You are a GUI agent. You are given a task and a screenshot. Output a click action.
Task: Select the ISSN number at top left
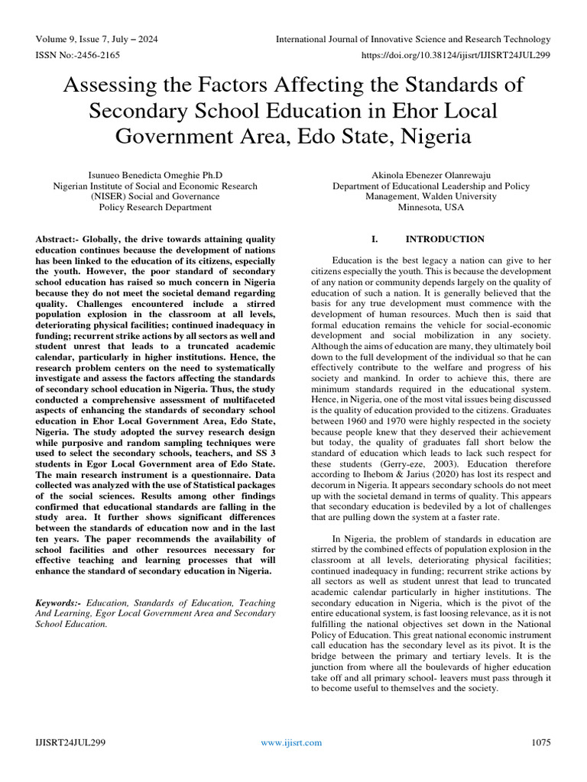click(x=77, y=55)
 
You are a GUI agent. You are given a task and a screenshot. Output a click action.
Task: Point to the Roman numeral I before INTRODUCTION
click(x=374, y=239)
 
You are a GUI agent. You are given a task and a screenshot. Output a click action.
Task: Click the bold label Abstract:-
click(x=59, y=239)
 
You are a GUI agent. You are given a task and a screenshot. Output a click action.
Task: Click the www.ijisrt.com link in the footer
click(x=291, y=742)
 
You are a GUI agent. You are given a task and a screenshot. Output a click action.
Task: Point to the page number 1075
click(x=540, y=742)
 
